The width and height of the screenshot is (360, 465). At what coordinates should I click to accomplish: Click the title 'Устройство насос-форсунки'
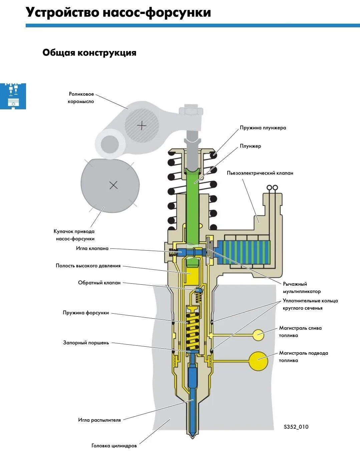coord(118,13)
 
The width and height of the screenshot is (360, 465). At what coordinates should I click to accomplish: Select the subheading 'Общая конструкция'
coord(89,53)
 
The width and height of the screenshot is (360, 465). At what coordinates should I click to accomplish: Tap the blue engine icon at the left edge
coord(13,96)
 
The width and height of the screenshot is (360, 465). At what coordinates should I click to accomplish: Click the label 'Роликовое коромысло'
coord(81,98)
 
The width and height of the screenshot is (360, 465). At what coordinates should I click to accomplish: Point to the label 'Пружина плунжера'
coord(263,128)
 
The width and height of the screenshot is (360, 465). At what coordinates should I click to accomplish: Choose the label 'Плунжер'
coord(250,146)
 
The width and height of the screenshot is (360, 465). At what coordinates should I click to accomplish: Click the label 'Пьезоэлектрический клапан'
coord(260,173)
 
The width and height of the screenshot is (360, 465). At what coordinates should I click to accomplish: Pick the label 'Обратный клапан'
coord(99,283)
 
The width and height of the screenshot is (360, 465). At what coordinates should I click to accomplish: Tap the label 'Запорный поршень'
coord(86,343)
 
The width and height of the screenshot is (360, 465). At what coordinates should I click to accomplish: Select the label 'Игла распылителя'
coord(99,420)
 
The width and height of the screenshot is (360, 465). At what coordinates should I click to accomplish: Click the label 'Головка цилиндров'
coord(114,446)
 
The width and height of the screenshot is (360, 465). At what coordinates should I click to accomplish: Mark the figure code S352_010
coord(296,427)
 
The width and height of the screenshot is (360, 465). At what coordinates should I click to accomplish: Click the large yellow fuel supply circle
coord(258,361)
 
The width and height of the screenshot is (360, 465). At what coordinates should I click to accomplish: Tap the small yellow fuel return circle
coord(258,335)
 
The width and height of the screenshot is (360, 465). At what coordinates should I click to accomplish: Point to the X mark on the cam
coord(113,185)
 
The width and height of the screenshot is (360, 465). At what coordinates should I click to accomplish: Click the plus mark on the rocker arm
coord(142,125)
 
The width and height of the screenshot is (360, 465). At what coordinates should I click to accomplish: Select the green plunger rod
coord(193,207)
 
